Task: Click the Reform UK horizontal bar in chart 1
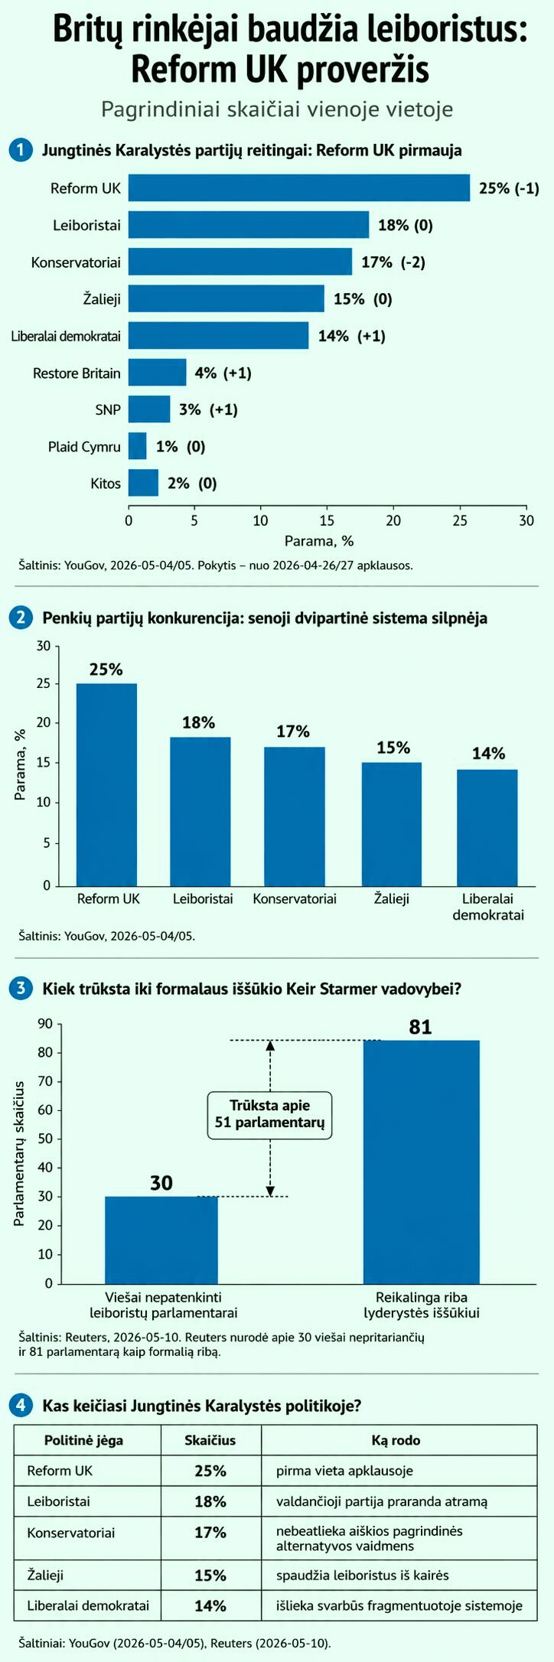point(299,188)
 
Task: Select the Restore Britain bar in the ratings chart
point(158,373)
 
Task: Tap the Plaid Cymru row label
point(84,447)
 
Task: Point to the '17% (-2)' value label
point(393,262)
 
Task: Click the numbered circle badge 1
point(21,150)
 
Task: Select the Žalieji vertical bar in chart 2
point(392,823)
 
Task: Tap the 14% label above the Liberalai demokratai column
point(488,754)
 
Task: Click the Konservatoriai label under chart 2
point(295,899)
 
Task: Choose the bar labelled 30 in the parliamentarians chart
point(161,1240)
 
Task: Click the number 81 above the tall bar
point(420,1027)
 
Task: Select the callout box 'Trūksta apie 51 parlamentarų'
point(270,1114)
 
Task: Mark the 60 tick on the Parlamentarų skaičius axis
point(45,1110)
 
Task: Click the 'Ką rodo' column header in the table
point(396,1441)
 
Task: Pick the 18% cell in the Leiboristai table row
point(210,1501)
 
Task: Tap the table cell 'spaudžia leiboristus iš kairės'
point(363,1575)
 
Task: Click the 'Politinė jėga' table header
point(83,1441)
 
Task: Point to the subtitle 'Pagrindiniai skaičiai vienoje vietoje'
point(277,109)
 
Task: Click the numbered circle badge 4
point(21,1405)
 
